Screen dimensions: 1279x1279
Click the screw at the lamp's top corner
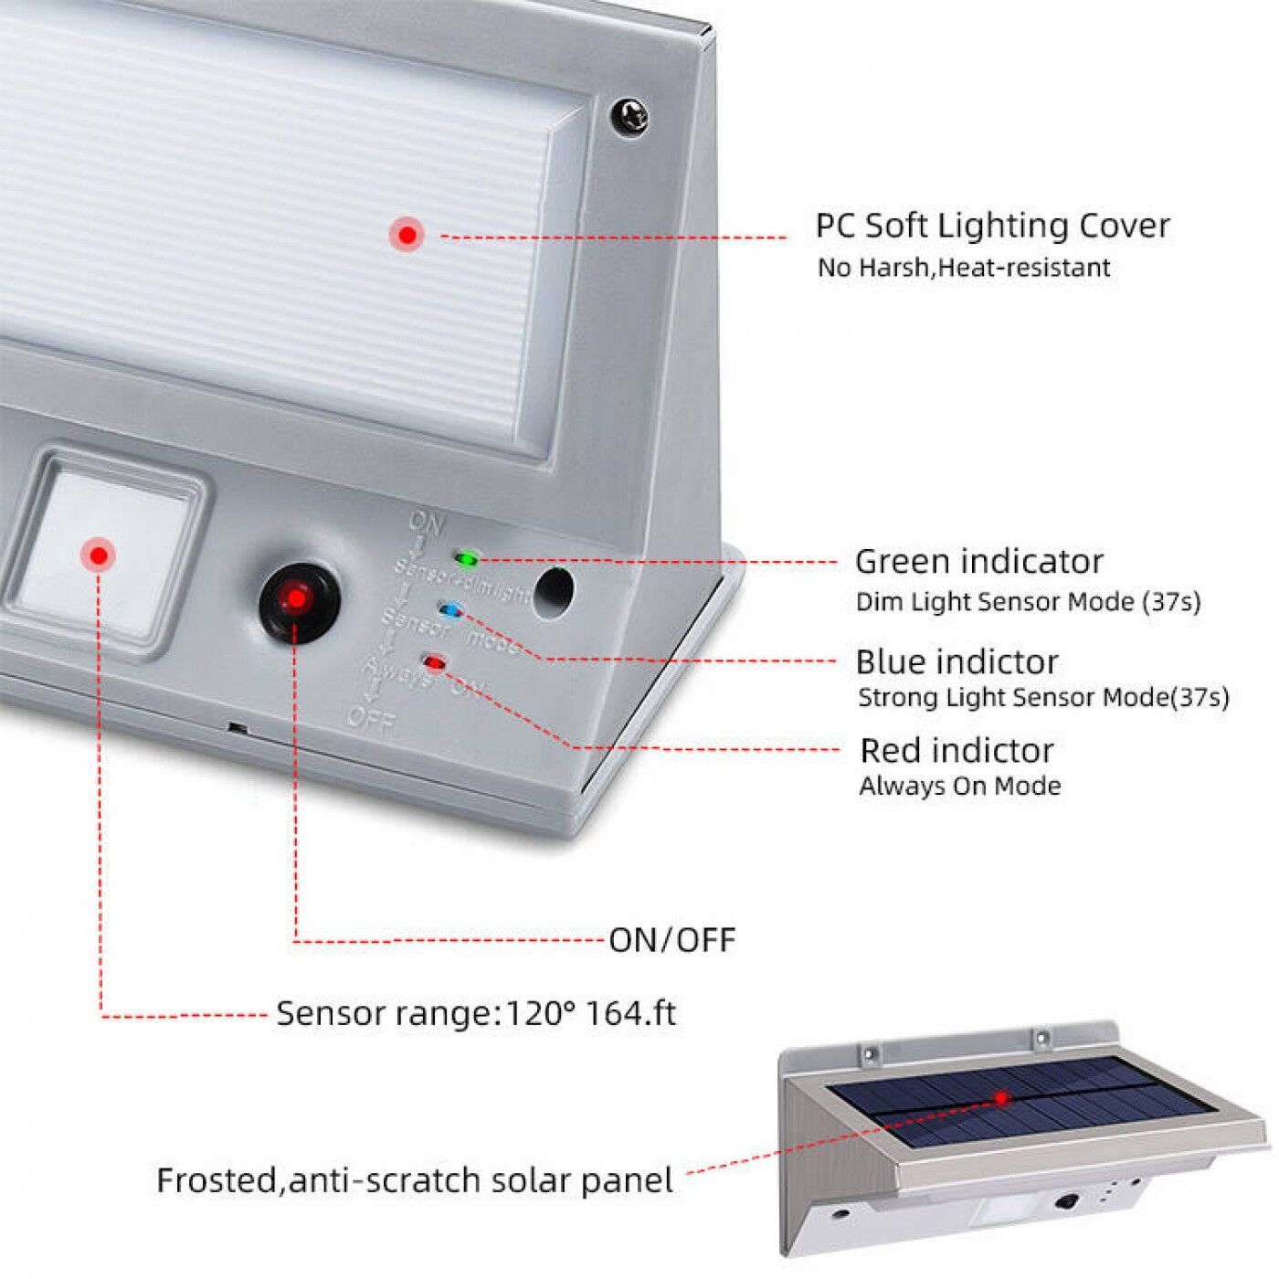pyautogui.click(x=629, y=118)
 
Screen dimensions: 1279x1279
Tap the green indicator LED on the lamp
pyautogui.click(x=467, y=558)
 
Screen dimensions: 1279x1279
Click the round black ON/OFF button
pyautogui.click(x=298, y=599)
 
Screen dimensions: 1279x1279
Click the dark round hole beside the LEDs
pyautogui.click(x=553, y=591)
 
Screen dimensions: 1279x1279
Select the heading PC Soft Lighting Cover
pyautogui.click(x=991, y=226)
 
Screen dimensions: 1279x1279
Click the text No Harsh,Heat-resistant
pyautogui.click(x=963, y=268)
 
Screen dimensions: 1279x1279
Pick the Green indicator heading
pyautogui.click(x=978, y=561)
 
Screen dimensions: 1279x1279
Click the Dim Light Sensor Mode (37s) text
pyautogui.click(x=1028, y=602)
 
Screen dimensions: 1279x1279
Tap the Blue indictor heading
pyautogui.click(x=957, y=661)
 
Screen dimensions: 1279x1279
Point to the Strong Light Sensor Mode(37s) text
pyautogui.click(x=1042, y=698)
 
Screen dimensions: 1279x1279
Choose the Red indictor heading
pyautogui.click(x=957, y=750)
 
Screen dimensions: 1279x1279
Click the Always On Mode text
pyautogui.click(x=959, y=787)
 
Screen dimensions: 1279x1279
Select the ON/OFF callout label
pyautogui.click(x=671, y=940)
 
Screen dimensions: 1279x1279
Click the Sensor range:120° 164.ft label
pyautogui.click(x=476, y=1014)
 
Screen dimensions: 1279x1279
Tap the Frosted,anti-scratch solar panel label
pyautogui.click(x=415, y=1180)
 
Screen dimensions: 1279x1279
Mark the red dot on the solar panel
pyautogui.click(x=1002, y=1098)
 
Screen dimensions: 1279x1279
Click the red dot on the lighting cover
pyautogui.click(x=407, y=235)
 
